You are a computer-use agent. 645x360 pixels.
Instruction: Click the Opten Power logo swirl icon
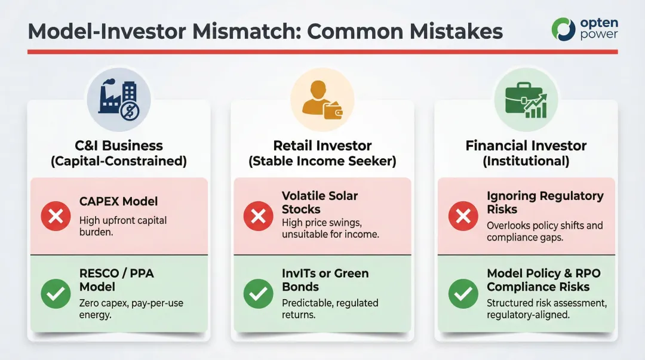click(563, 29)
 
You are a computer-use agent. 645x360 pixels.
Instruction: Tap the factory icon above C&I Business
click(119, 99)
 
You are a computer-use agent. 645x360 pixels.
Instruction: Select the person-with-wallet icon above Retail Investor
click(322, 99)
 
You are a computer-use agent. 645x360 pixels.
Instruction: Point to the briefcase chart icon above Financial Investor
click(526, 99)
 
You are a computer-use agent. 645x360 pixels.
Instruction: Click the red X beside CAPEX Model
click(56, 216)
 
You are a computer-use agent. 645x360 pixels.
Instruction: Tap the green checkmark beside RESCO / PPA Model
click(56, 294)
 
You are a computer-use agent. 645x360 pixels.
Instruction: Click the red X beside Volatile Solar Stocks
click(259, 216)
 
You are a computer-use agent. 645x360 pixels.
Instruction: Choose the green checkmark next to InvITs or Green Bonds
click(259, 294)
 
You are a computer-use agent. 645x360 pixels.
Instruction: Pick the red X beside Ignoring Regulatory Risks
click(463, 216)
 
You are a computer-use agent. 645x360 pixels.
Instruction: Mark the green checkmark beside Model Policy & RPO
click(463, 294)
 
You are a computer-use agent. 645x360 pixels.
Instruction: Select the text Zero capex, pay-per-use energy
click(131, 309)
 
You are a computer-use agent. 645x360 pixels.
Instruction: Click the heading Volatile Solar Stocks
click(320, 202)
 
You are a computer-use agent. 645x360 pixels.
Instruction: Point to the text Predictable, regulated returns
click(330, 309)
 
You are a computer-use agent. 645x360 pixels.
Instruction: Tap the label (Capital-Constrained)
click(119, 161)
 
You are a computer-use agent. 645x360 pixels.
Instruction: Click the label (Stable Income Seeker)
click(322, 161)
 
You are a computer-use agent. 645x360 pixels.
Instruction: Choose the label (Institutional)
click(526, 161)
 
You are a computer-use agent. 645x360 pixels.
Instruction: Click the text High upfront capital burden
click(123, 226)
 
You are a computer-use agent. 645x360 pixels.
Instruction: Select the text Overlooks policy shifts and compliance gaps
click(544, 232)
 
